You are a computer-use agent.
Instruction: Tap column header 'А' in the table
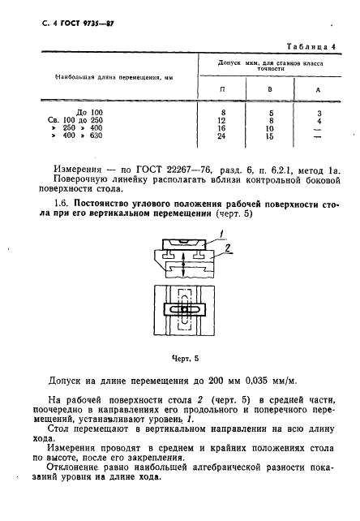[x=317, y=88]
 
